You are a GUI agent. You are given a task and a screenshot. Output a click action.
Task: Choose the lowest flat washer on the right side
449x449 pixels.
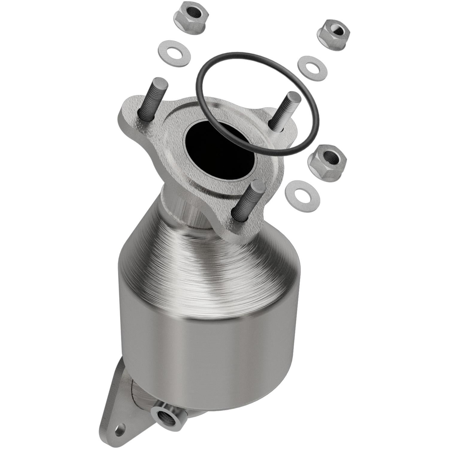point(303,196)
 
